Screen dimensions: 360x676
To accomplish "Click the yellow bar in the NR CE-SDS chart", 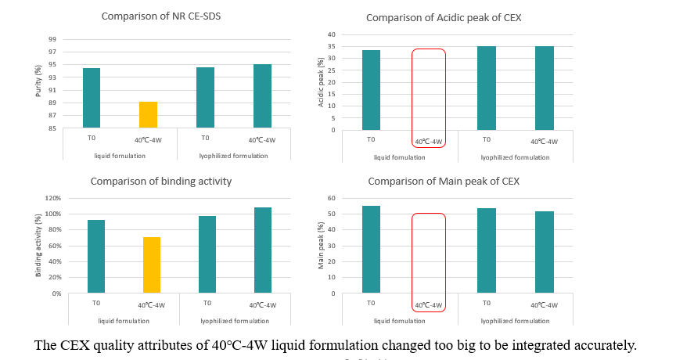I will tap(148, 114).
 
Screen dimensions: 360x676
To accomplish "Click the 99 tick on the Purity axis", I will tap(52, 39).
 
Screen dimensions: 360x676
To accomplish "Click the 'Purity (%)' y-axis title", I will tap(38, 84).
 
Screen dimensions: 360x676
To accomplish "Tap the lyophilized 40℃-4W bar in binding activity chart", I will tap(262, 250).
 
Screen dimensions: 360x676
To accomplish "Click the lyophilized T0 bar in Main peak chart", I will tap(486, 250).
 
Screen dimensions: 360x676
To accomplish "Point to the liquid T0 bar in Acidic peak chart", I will tap(371, 90).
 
